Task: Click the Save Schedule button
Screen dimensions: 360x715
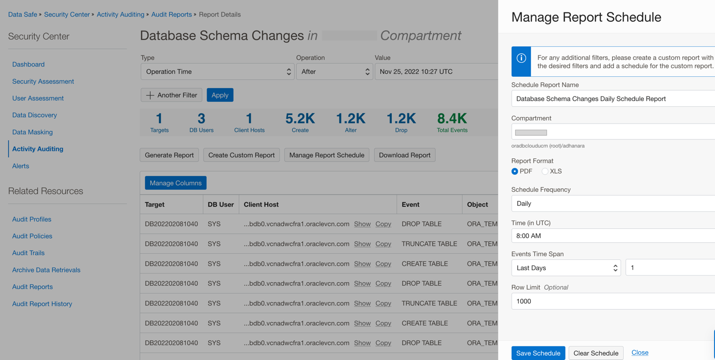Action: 538,353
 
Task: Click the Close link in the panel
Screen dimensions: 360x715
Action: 640,352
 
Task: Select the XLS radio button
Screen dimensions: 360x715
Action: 545,171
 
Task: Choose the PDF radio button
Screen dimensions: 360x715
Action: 515,171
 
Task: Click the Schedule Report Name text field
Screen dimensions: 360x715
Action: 612,99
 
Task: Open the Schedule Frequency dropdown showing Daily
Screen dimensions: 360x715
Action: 612,203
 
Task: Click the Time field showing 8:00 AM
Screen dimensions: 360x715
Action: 612,236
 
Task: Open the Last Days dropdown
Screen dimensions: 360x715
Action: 566,268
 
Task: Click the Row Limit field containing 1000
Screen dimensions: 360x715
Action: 612,301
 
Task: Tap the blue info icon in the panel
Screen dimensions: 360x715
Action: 521,58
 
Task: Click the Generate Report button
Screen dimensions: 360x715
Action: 169,155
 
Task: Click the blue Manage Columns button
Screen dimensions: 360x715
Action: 175,183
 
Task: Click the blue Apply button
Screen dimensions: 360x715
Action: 220,95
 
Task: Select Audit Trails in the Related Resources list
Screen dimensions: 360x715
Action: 29,253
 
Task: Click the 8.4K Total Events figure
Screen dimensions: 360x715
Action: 452,119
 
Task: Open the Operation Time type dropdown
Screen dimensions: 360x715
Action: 217,72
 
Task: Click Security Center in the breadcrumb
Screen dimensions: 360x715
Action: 66,15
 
